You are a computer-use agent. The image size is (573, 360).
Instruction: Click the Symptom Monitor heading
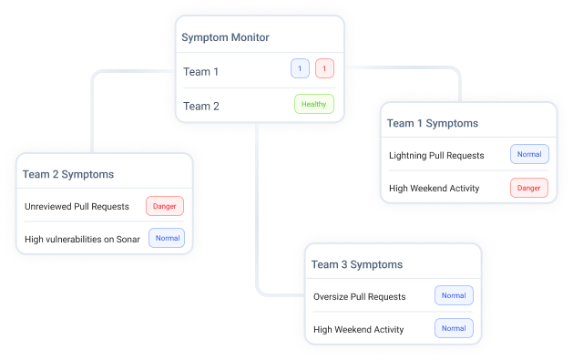[225, 37]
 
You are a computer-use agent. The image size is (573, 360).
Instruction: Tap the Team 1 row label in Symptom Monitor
[201, 71]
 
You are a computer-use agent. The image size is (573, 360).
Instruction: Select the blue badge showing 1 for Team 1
[300, 68]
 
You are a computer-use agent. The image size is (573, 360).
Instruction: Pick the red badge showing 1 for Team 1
[324, 68]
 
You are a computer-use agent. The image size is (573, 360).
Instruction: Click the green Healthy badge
[314, 104]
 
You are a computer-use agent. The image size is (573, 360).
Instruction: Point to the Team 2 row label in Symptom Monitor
[201, 106]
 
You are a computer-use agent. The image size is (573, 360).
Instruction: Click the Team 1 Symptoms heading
[432, 123]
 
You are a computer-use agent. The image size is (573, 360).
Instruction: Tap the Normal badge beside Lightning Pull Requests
[529, 154]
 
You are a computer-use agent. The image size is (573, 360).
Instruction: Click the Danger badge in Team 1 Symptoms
[529, 189]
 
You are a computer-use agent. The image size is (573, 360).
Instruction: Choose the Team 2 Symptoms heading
[68, 174]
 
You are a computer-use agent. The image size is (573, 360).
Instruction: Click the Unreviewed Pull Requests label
[77, 206]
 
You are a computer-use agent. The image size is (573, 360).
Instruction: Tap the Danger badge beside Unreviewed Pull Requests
[165, 206]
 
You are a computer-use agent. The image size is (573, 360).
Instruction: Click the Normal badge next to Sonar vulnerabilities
[166, 239]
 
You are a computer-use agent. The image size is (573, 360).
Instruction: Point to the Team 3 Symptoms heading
[356, 264]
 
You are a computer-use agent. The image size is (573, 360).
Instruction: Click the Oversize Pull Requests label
[358, 296]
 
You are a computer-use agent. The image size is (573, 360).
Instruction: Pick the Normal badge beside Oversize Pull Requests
[454, 295]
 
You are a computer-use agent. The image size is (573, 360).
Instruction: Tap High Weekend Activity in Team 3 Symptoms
[358, 329]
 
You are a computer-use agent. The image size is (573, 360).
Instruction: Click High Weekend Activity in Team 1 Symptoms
[435, 189]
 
